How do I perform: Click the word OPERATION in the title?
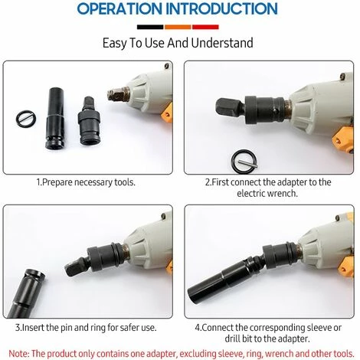[x=119, y=8]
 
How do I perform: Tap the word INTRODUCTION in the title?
[x=221, y=8]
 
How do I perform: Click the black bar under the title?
[x=150, y=27]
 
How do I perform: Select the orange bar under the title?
[x=178, y=27]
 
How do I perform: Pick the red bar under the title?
[x=205, y=27]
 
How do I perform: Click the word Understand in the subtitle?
[x=222, y=43]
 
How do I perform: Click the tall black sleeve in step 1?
[x=54, y=119]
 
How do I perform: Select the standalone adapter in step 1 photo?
[x=89, y=121]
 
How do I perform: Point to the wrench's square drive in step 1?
[x=117, y=94]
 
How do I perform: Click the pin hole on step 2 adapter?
[x=275, y=112]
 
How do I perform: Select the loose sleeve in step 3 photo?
[x=26, y=293]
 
